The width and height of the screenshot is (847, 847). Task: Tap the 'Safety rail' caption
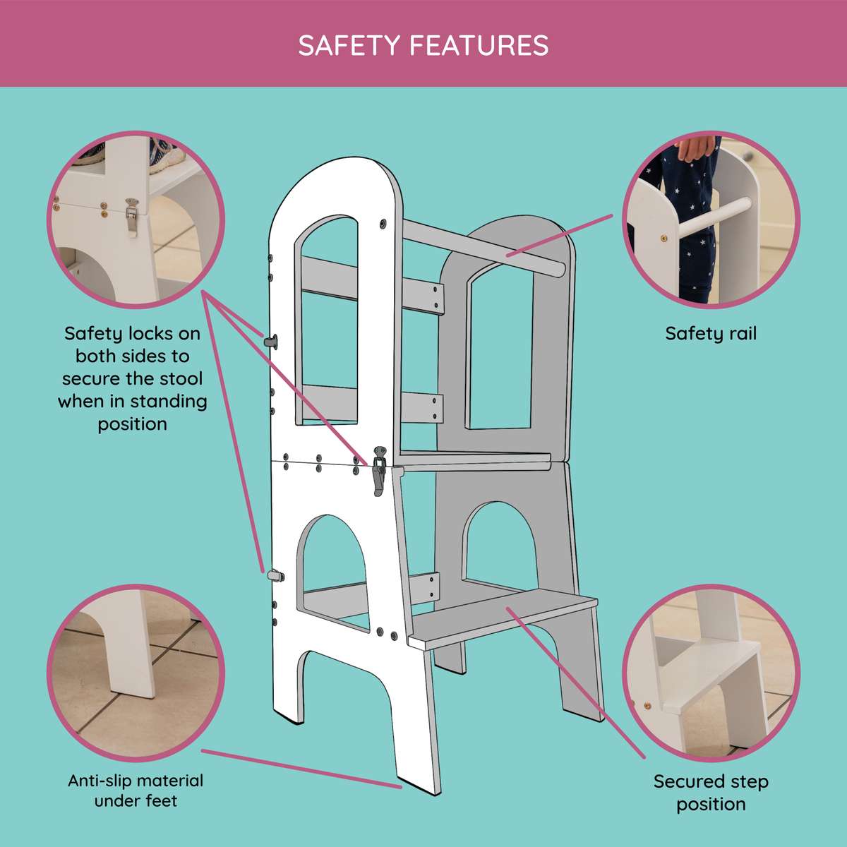click(x=710, y=333)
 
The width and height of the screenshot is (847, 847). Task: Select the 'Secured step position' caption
click(x=710, y=793)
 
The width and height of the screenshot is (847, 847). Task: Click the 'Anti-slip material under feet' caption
click(x=136, y=791)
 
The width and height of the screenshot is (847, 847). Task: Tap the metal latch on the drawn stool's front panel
click(x=379, y=469)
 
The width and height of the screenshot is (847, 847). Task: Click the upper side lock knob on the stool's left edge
click(x=271, y=341)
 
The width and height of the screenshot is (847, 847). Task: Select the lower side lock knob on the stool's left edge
click(x=275, y=575)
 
